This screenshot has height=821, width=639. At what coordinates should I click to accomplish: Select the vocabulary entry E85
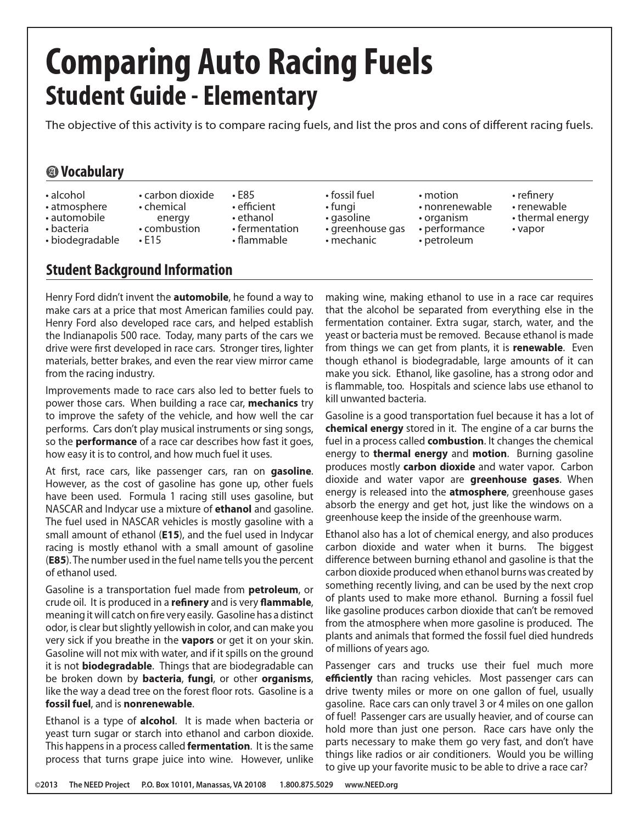(x=245, y=195)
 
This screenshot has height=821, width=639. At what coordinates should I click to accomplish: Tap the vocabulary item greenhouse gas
(x=367, y=228)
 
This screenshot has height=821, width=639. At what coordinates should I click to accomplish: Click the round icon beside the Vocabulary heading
(x=52, y=172)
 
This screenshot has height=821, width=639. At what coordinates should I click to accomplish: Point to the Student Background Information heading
(x=139, y=269)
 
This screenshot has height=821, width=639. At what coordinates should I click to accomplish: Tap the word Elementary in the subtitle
(x=260, y=96)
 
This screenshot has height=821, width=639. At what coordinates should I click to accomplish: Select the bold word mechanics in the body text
(x=273, y=403)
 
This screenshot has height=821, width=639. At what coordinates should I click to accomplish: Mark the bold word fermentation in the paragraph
(x=218, y=746)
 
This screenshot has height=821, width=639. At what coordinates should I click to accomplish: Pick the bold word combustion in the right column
(x=455, y=441)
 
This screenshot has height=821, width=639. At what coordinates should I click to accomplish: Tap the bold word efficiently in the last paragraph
(x=349, y=678)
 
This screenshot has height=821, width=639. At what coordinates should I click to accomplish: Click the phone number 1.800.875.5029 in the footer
(x=306, y=785)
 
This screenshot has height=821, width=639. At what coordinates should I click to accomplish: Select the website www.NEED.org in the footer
(x=371, y=785)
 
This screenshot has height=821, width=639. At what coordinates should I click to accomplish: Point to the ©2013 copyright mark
(x=46, y=785)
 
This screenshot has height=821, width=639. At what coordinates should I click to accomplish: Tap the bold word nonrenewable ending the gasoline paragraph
(x=158, y=704)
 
